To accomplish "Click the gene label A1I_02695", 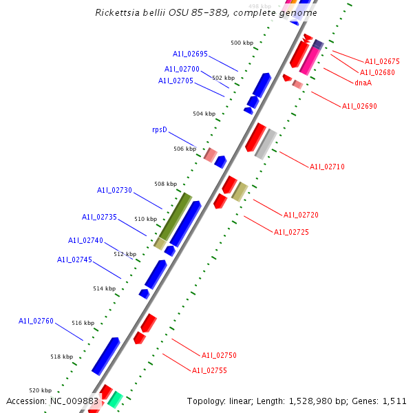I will [x=190, y=54].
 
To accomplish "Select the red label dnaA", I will [x=363, y=83].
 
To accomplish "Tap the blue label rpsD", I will [x=160, y=129].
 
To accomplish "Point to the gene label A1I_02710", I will [x=327, y=167].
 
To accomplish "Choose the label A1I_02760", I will [x=36, y=321].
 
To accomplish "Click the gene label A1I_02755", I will [x=209, y=370].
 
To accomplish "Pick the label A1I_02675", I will [x=382, y=61].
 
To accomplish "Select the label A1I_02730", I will [x=114, y=190].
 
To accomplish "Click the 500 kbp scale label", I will [x=242, y=43].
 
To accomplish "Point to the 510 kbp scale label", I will [x=145, y=219].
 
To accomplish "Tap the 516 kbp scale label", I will [x=83, y=323].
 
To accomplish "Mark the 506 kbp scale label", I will [x=184, y=149].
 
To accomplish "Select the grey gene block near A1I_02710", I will [x=266, y=144].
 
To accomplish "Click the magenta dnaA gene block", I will [x=309, y=61].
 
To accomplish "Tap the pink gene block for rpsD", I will [x=211, y=155].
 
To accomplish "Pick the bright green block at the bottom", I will [x=115, y=399].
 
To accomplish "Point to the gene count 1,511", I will [x=394, y=401].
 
